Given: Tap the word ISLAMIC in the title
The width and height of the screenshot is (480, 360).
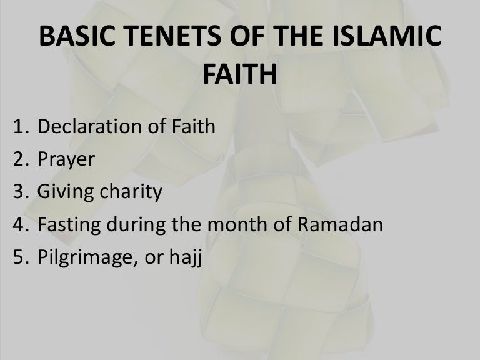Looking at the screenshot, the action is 387,36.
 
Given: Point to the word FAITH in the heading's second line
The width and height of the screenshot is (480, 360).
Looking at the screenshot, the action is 240,74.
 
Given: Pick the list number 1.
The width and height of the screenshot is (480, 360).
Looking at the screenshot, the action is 21,126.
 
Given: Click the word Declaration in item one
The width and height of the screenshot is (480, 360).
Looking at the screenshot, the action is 90,126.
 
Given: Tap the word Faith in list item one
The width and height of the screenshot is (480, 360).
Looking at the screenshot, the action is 194,126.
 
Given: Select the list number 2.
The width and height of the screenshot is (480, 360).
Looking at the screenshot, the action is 21,159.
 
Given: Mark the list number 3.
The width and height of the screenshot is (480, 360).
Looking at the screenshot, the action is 21,191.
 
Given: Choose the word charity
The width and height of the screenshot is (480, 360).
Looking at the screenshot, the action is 131,192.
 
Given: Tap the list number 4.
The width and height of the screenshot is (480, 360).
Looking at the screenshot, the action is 21,224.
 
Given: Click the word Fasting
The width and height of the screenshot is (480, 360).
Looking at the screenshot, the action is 69,225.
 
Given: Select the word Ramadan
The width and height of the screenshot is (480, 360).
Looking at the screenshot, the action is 340,224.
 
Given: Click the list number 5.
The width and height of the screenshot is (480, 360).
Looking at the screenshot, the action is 21,257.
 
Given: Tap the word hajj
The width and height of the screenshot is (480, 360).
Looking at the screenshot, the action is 186,257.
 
